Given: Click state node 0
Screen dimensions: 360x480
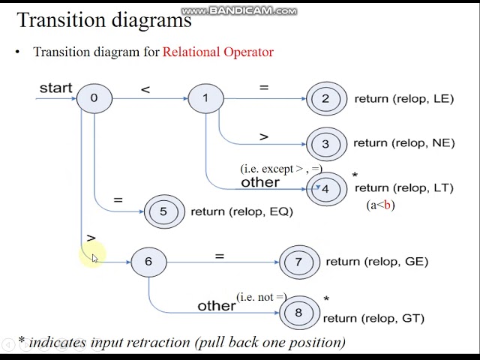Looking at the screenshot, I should click(94, 97).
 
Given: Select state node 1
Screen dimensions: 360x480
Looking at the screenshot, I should click(205, 97).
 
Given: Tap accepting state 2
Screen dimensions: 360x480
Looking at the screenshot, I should click(325, 98).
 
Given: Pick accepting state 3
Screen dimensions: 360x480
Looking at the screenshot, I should click(325, 143).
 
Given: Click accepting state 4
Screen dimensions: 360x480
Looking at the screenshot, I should click(325, 189).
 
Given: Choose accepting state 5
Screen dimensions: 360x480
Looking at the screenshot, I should click(163, 211).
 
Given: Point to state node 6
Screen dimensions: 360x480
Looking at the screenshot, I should click(148, 261).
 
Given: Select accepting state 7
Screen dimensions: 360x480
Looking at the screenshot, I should click(298, 262).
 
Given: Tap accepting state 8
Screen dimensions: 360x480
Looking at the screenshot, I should click(298, 313).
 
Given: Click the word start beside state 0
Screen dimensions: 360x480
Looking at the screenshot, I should click(55, 88).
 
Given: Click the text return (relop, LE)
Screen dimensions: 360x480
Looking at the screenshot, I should click(403, 98).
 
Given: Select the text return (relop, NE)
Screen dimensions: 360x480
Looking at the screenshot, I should click(403, 142).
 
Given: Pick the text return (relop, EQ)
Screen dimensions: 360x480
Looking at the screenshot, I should click(241, 211).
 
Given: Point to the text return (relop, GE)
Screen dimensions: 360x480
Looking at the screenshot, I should click(376, 261).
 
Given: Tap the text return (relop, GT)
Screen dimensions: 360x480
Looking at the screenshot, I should click(373, 318).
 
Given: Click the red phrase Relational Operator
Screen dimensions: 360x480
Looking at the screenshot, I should click(217, 52).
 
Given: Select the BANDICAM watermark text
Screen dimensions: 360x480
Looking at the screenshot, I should click(239, 10).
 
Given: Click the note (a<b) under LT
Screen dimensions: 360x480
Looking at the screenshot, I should click(380, 205).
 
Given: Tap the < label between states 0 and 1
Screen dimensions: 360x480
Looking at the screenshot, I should click(145, 89).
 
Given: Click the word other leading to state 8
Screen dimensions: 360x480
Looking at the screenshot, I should click(216, 305).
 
